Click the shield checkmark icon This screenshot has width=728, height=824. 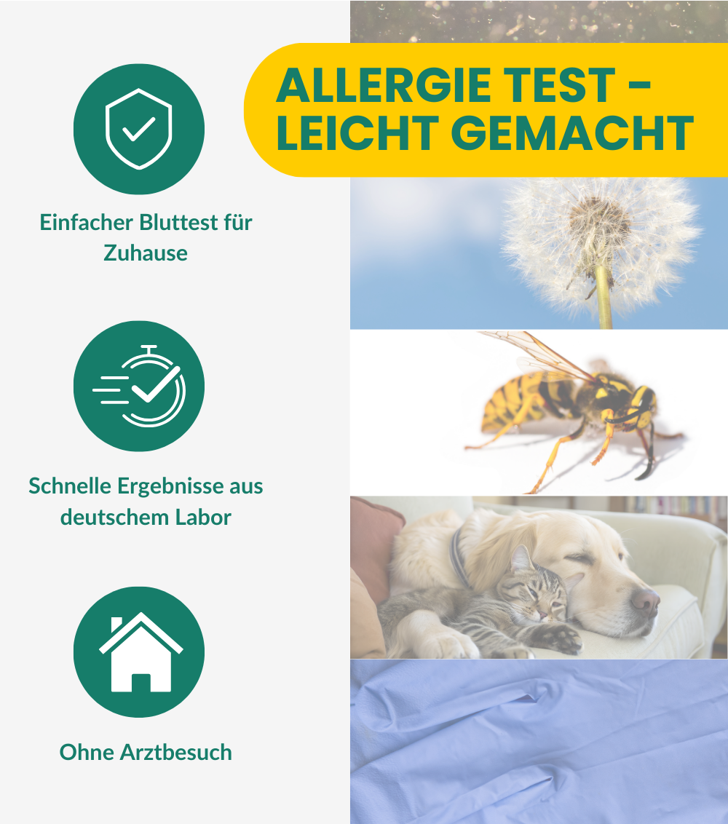pos(138,129)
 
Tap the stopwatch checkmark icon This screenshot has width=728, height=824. pos(140,386)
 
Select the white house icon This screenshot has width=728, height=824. pos(140,652)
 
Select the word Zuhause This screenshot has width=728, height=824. pos(146,253)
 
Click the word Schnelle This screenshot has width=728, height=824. pos(68,486)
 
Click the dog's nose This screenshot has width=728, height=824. pos(645,600)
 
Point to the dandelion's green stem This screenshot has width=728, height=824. pos(603,302)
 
